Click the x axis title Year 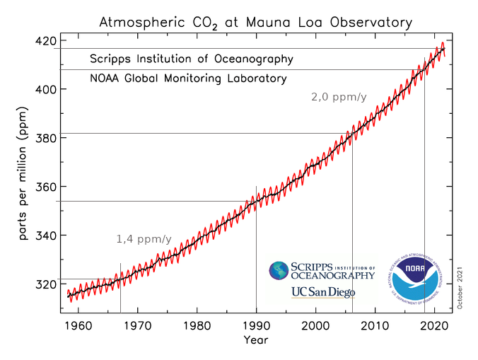coord(255,340)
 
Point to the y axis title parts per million coord(23,180)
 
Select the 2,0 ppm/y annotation coord(338,97)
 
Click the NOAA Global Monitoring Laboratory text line coord(188,79)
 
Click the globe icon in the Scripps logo coord(280,271)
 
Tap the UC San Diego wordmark coord(322,292)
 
